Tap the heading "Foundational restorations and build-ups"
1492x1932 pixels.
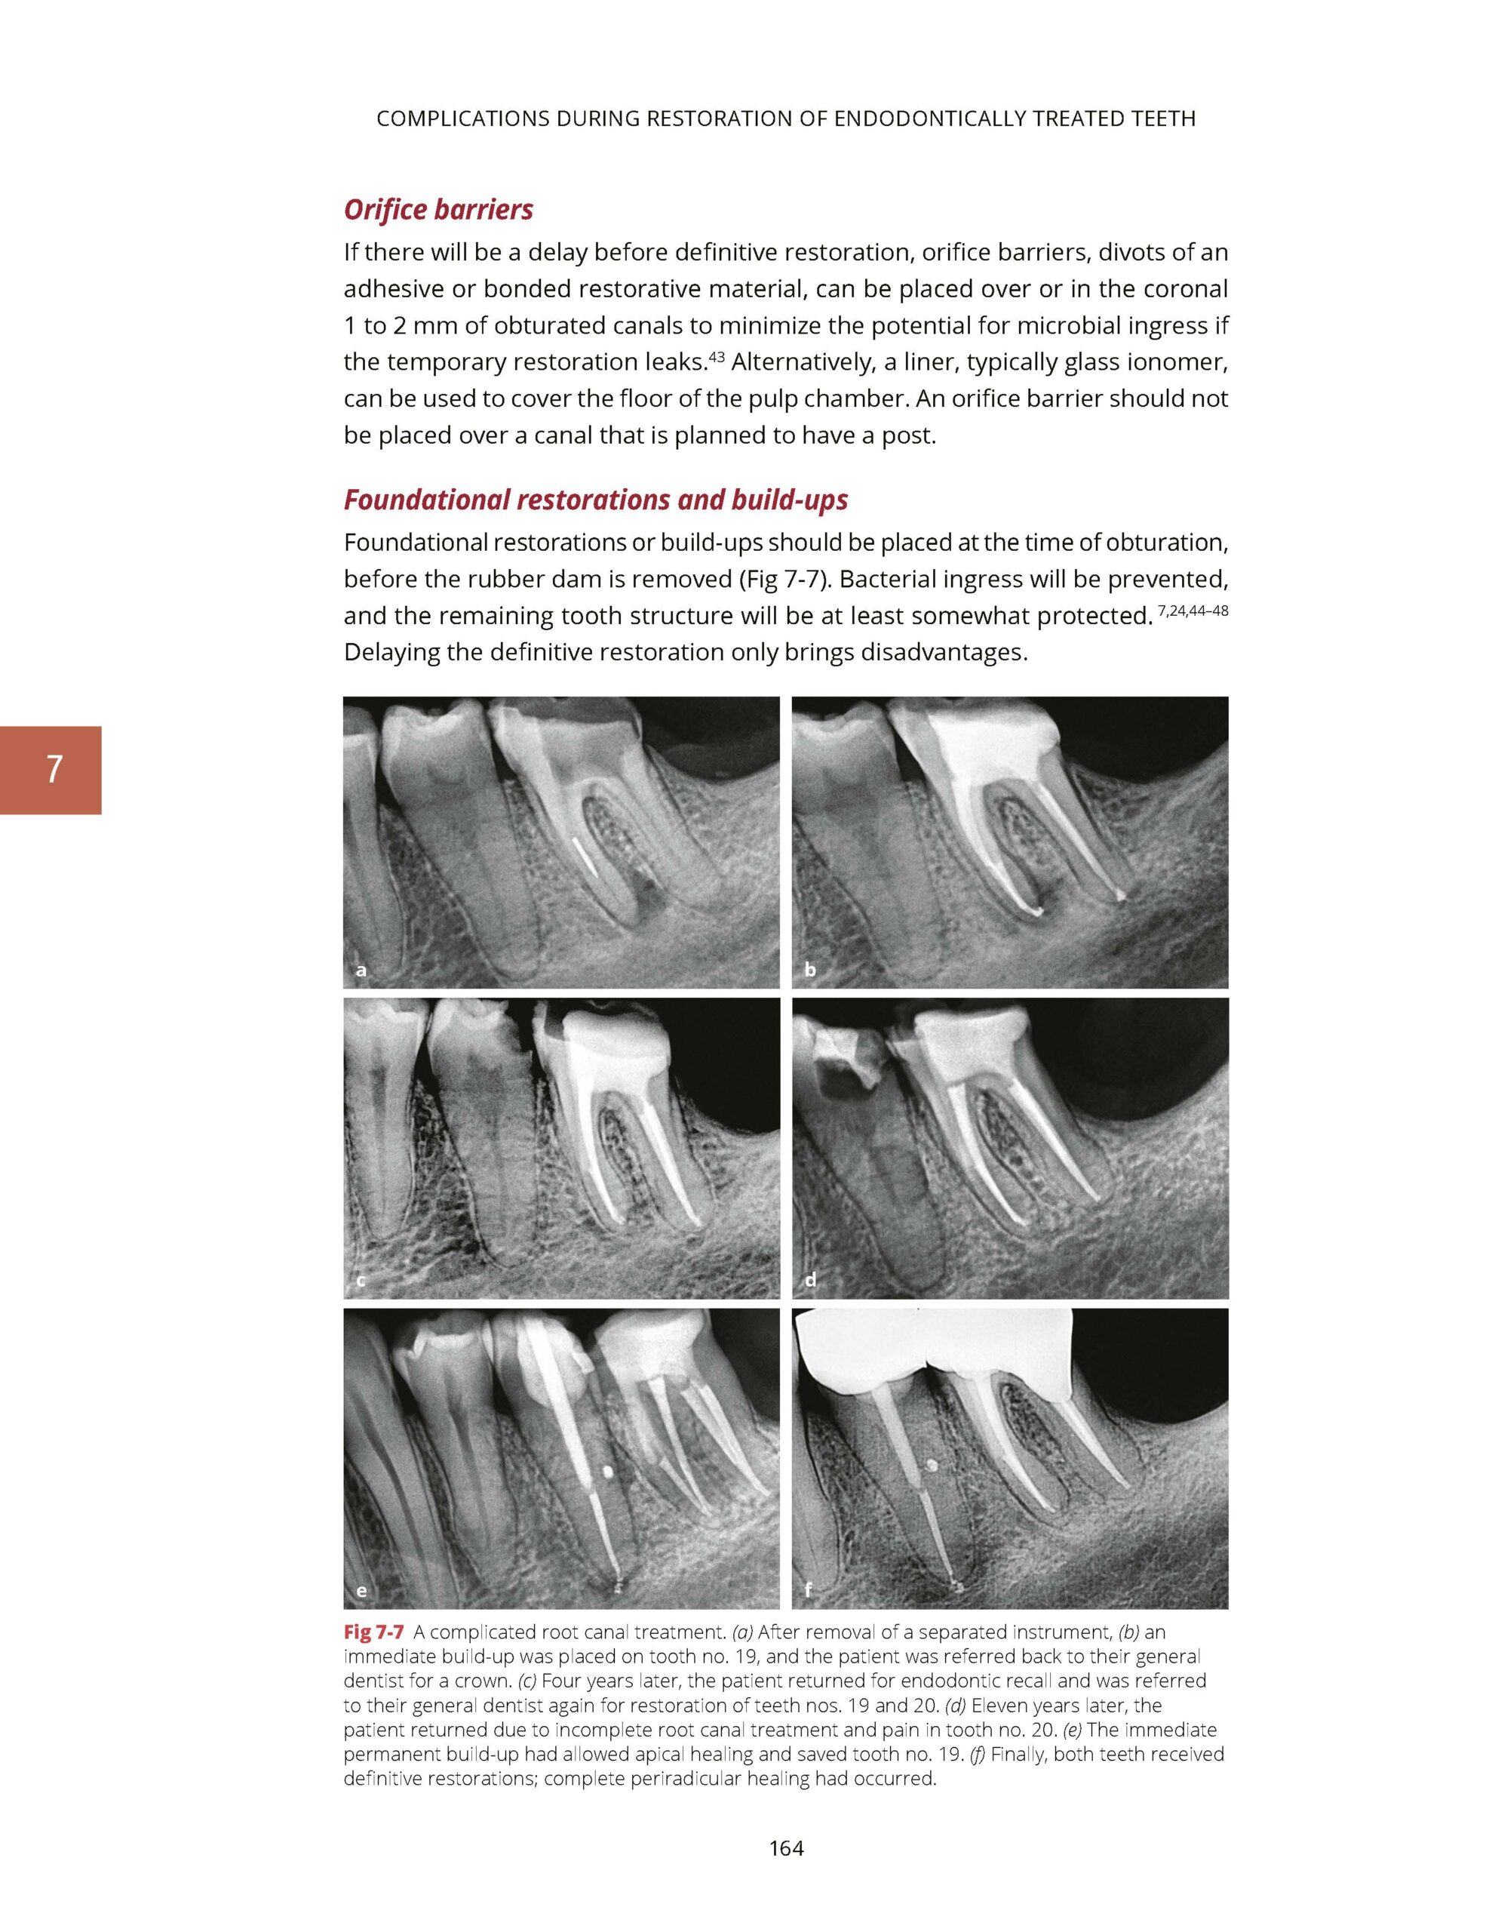click(x=595, y=500)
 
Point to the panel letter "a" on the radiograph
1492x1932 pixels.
click(x=360, y=971)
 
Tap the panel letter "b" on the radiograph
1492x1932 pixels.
click(x=809, y=971)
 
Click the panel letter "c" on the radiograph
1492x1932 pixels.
click(x=360, y=1281)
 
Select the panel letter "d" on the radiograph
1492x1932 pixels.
click(x=809, y=1281)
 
